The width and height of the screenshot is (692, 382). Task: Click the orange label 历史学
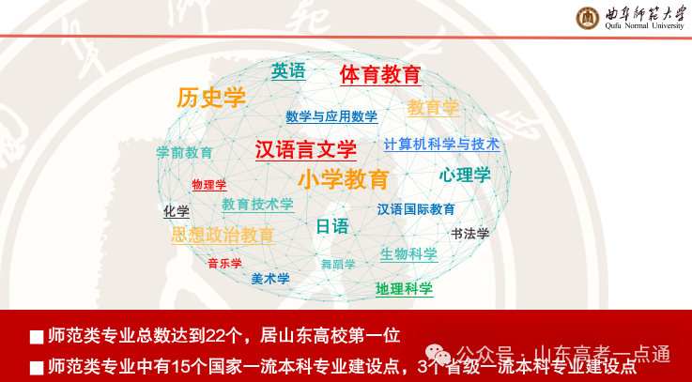tap(211, 98)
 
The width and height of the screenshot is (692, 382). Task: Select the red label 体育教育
tap(380, 74)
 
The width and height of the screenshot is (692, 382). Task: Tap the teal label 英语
tap(288, 70)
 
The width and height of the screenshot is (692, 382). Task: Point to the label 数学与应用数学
tap(331, 117)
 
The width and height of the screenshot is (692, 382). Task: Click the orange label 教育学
tap(433, 108)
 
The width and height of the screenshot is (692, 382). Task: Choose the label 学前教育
tap(184, 152)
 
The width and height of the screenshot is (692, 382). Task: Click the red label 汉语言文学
tap(306, 149)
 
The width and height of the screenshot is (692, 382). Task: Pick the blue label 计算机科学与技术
tap(441, 145)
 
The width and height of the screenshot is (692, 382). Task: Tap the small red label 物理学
tap(209, 184)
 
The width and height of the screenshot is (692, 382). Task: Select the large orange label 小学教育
tap(343, 179)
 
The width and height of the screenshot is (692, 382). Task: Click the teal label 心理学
tap(465, 175)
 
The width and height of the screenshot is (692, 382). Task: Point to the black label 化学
tap(177, 212)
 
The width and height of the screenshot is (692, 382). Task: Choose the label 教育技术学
tap(257, 204)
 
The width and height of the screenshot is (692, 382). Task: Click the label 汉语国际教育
tap(416, 209)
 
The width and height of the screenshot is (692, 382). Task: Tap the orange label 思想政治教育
tap(223, 236)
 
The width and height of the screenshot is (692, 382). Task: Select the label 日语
tap(331, 226)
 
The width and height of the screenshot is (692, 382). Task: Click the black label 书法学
tap(470, 234)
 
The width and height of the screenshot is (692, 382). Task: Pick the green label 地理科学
tap(404, 289)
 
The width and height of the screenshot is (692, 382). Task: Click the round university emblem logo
tap(588, 17)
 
